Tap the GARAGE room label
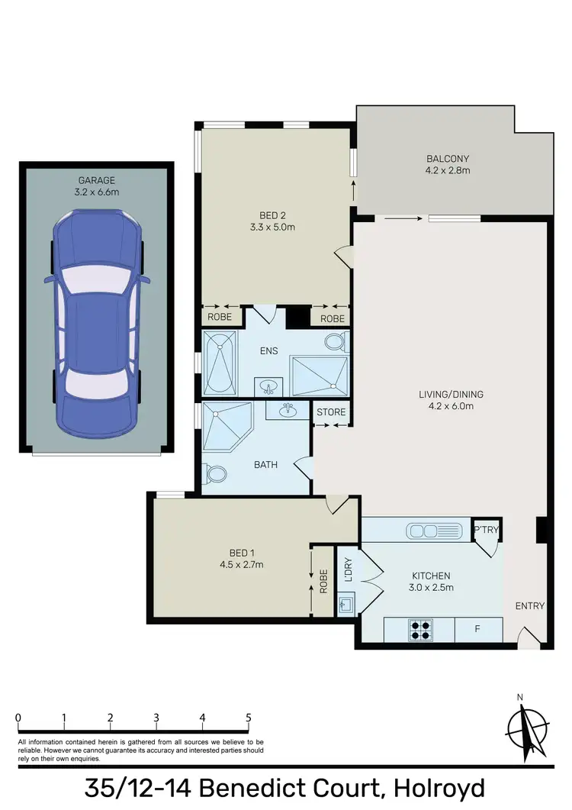97,180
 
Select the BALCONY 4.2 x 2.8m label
448,164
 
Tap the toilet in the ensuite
336,340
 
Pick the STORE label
331,412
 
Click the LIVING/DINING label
451,395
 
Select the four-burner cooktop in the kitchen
419,628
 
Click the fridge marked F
478,629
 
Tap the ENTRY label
530,606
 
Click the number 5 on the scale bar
249,718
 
